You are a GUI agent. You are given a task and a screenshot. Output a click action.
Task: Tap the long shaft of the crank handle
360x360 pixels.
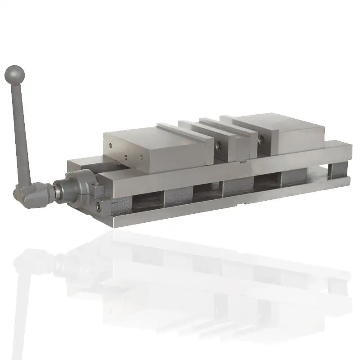coord(22,130)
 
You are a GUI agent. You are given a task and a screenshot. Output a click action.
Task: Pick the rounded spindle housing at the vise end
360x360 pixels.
coord(76,185)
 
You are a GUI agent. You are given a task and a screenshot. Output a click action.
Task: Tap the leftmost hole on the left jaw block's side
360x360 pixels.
coord(111,145)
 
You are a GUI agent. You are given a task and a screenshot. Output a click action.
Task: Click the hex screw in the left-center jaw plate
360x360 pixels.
coord(219,144)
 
